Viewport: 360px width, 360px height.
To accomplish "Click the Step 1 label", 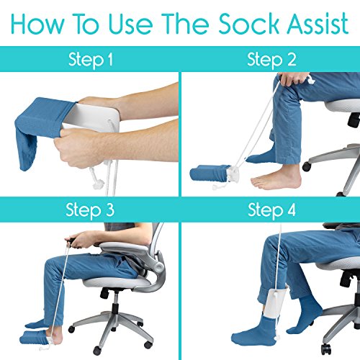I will coord(89,60).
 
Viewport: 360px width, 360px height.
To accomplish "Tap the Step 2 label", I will coord(271,60).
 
